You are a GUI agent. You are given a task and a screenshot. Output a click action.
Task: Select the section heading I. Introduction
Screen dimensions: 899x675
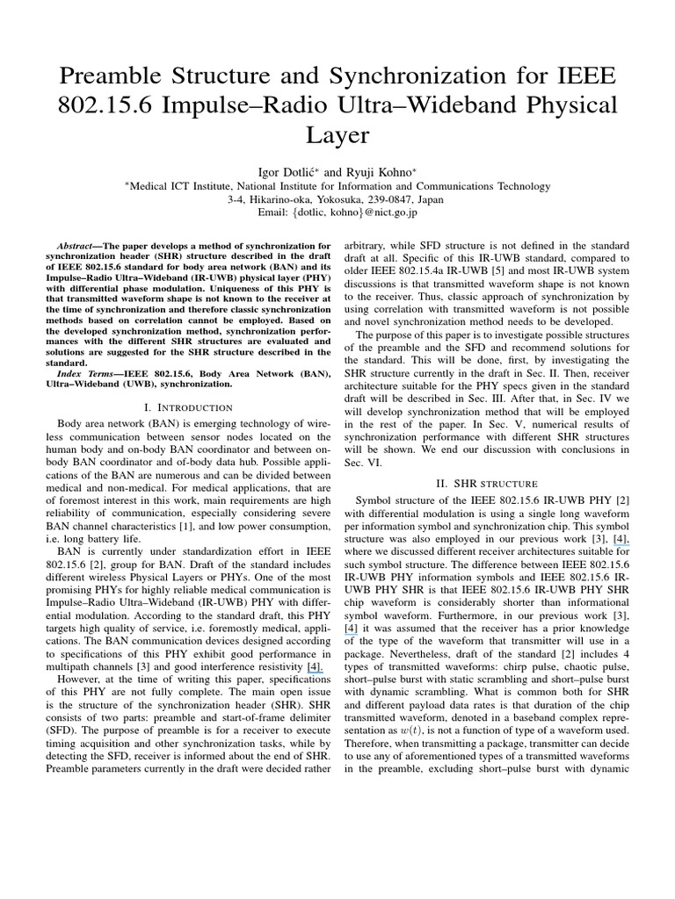186,407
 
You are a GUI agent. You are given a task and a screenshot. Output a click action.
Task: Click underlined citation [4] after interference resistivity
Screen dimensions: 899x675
314,668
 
